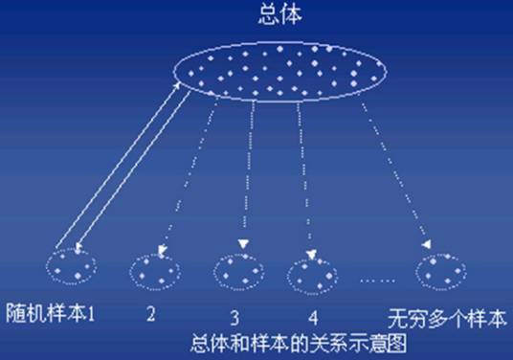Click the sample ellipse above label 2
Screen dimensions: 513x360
pos(153,269)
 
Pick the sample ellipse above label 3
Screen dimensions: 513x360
pos(235,272)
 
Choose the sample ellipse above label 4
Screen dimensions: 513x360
pos(311,273)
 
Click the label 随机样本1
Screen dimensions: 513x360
pos(48,313)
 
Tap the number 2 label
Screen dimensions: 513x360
pos(150,313)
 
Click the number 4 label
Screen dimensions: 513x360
pos(312,316)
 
